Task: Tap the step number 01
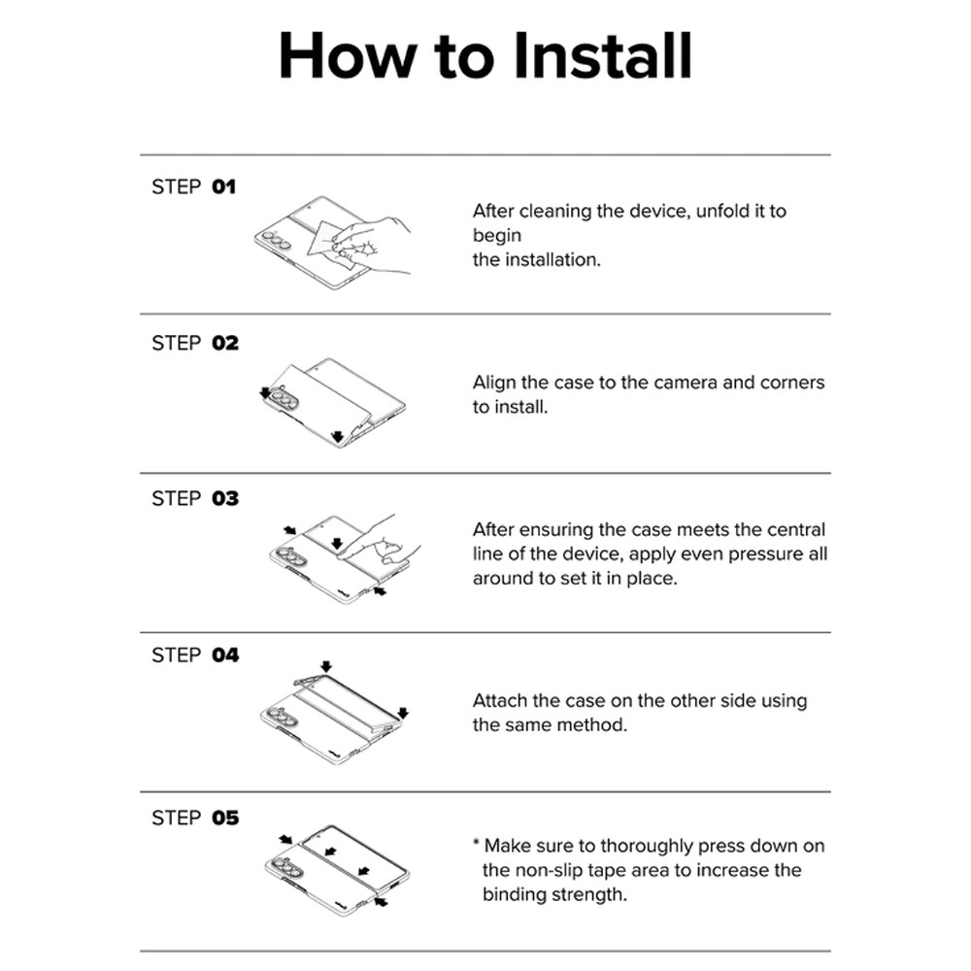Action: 223,187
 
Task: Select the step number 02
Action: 225,343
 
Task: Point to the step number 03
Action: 225,498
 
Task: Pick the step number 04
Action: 225,655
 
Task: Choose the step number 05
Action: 225,818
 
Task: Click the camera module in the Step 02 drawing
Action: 283,398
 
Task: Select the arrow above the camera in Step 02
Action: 266,393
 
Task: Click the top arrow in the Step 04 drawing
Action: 326,666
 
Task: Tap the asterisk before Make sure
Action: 476,843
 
